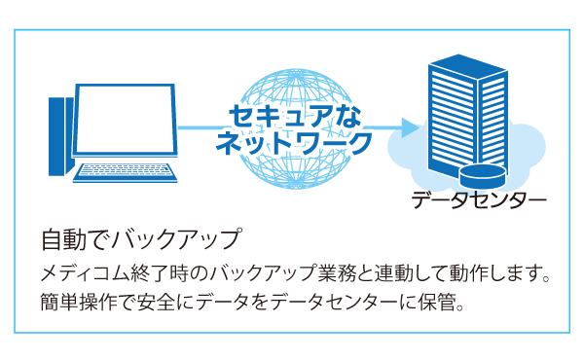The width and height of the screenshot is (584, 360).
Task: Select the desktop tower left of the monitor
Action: [x=60, y=135]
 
